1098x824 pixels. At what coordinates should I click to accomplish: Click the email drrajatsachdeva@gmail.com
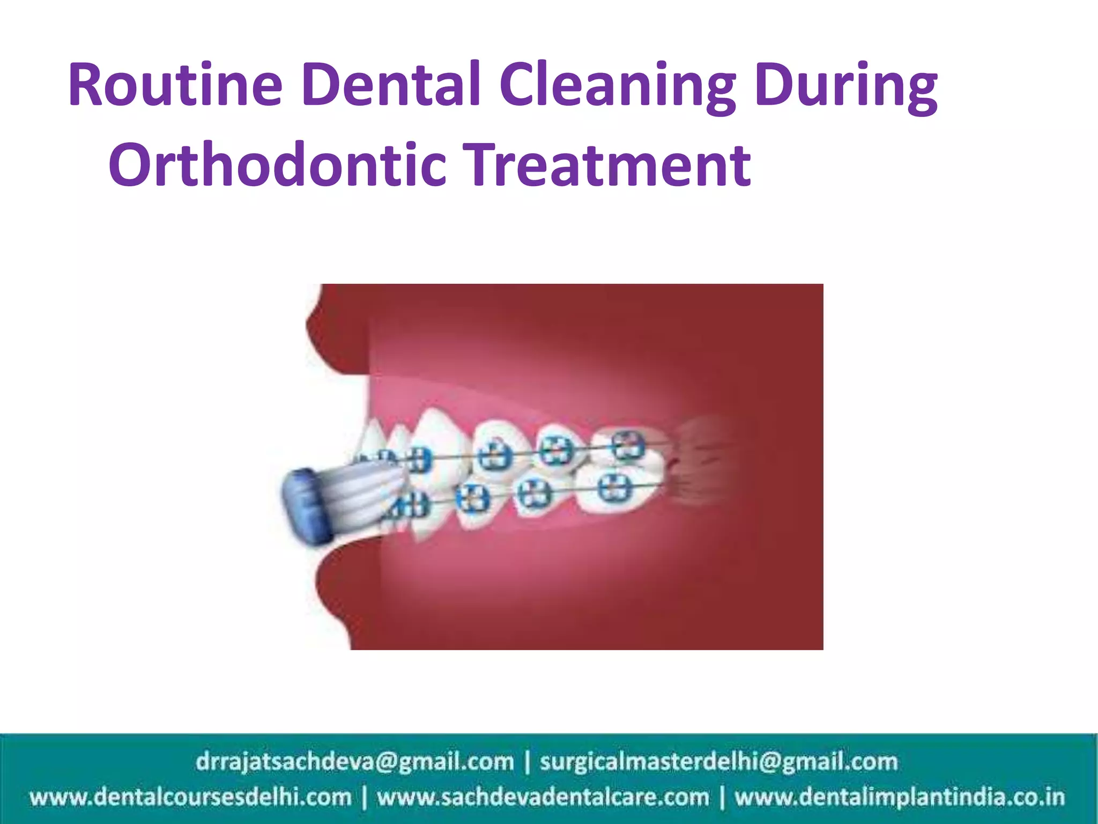point(354,762)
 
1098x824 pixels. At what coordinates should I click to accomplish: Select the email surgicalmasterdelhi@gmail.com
point(718,762)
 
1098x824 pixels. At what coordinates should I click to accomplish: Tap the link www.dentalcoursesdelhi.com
point(190,797)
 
